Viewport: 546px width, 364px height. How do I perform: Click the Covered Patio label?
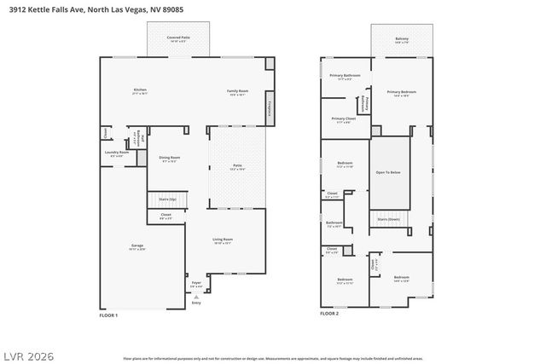(x=178, y=38)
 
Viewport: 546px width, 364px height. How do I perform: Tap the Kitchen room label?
(x=140, y=90)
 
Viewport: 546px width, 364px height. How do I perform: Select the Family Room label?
(x=237, y=90)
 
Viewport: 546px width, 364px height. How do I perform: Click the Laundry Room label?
(x=115, y=153)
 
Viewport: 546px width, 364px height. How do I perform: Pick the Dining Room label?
(x=169, y=157)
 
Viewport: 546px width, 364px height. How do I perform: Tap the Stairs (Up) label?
(x=167, y=198)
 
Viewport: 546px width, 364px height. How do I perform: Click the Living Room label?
(x=223, y=240)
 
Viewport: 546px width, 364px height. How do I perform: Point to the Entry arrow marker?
(x=196, y=296)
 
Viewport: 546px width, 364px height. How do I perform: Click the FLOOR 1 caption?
(x=109, y=315)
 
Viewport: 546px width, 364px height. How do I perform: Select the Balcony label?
(x=401, y=38)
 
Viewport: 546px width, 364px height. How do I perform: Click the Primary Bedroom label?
(x=401, y=92)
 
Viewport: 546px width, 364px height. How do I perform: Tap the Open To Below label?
(x=388, y=172)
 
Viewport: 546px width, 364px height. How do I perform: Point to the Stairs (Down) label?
(x=388, y=219)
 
